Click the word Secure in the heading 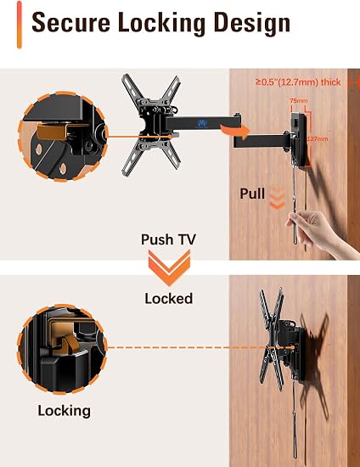click(x=70, y=23)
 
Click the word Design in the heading click(x=252, y=24)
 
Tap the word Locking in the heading click(x=162, y=24)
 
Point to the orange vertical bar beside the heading click(x=20, y=25)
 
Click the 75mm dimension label click(x=299, y=101)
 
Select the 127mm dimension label click(x=318, y=138)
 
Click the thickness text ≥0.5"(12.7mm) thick click(x=298, y=82)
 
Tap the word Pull click(x=252, y=194)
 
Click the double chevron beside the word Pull click(x=278, y=200)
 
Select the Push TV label click(x=168, y=239)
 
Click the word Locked click(x=168, y=298)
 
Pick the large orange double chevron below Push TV click(x=169, y=267)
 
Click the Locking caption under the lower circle click(x=64, y=411)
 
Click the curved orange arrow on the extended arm click(x=236, y=131)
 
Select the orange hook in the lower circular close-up click(x=68, y=342)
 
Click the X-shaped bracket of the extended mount click(x=151, y=125)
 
